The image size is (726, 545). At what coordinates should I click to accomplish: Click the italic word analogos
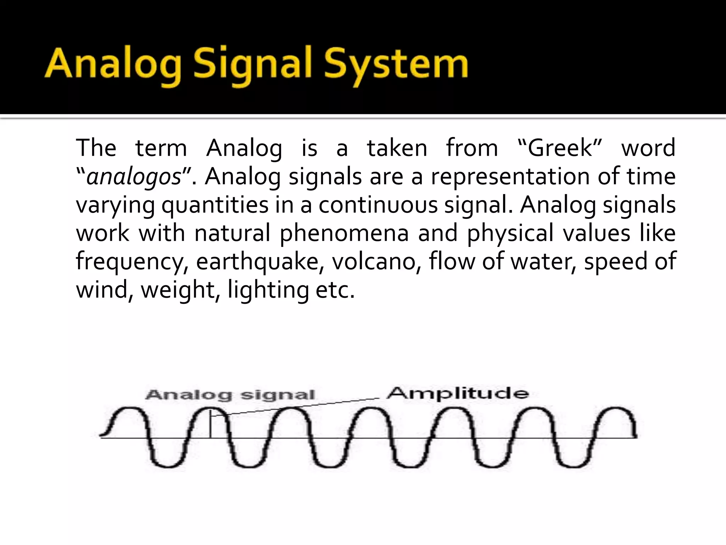[x=134, y=177]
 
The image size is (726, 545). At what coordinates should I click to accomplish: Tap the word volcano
[x=376, y=262]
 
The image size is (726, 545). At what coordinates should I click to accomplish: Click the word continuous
[x=378, y=205]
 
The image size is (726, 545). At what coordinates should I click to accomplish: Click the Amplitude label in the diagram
[x=458, y=393]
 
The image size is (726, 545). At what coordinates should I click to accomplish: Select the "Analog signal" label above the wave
[x=230, y=395]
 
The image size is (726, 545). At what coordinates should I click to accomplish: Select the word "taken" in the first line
[x=397, y=148]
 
